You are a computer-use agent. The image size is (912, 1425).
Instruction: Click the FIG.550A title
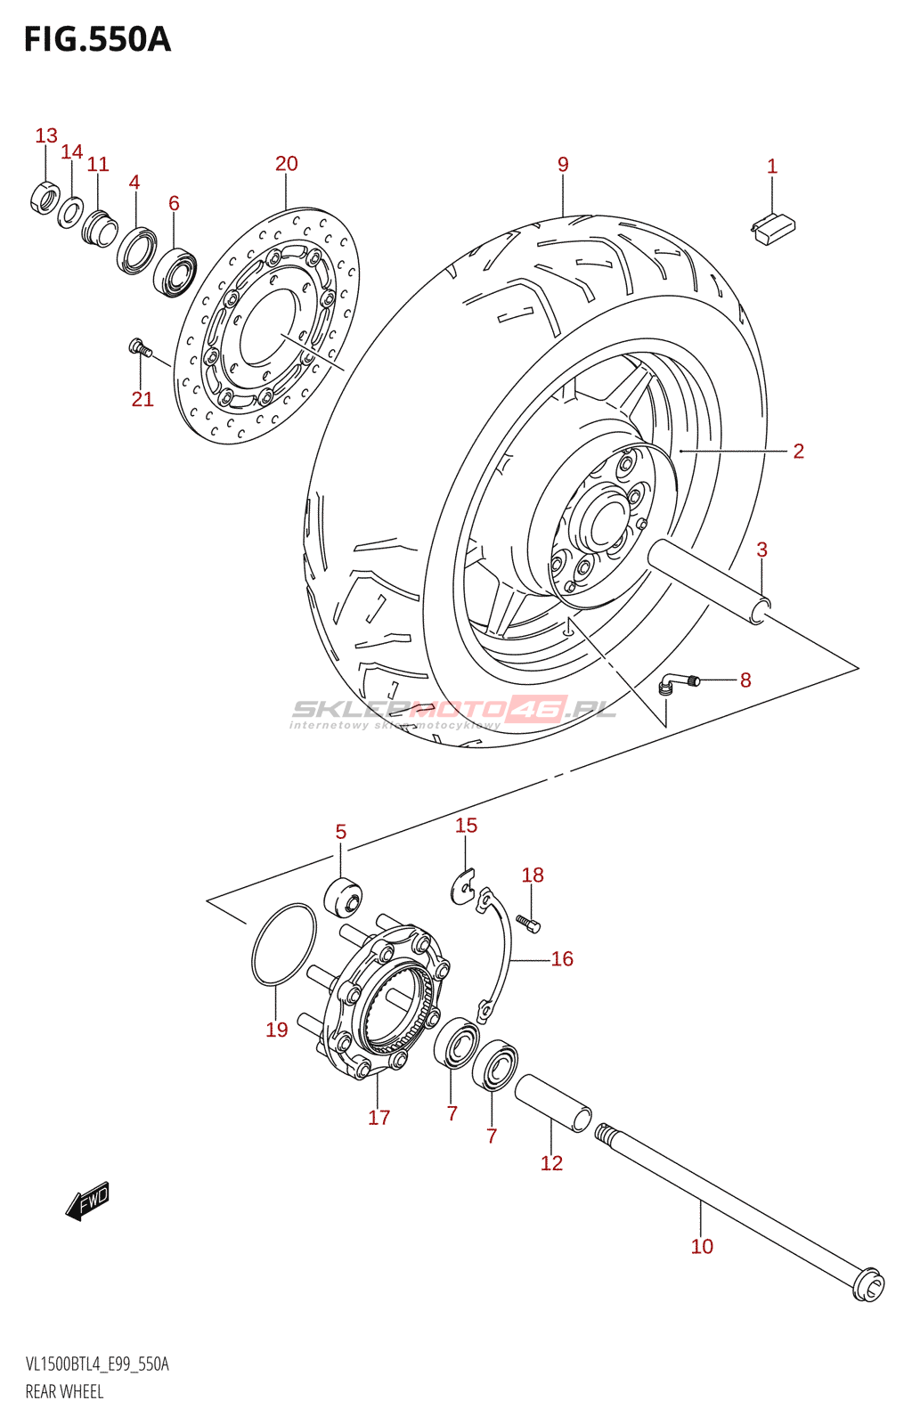click(x=97, y=40)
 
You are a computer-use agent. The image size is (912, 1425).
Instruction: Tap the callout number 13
click(x=46, y=135)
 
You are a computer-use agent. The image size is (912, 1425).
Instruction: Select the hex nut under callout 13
click(x=44, y=196)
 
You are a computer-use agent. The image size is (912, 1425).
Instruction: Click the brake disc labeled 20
click(x=267, y=326)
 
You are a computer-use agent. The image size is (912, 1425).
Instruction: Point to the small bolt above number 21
click(x=137, y=346)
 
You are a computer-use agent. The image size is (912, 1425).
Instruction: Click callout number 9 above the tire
click(x=563, y=165)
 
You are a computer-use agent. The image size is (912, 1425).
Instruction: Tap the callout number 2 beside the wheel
click(x=798, y=452)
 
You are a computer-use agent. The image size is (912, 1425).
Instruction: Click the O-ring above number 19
click(x=283, y=945)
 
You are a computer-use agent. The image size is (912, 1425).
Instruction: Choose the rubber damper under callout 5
click(x=343, y=896)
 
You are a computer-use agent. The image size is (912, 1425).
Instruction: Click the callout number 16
click(x=562, y=959)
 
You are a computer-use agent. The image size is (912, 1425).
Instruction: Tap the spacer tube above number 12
click(x=553, y=1103)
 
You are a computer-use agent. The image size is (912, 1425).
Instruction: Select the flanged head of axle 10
click(x=867, y=1286)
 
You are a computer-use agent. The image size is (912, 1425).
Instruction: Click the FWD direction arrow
click(x=87, y=1201)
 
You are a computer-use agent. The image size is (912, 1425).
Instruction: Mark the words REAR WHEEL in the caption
click(x=64, y=1392)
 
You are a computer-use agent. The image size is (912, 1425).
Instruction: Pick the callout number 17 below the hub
click(x=379, y=1118)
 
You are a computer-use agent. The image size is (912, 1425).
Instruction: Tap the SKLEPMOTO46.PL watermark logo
click(x=453, y=710)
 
